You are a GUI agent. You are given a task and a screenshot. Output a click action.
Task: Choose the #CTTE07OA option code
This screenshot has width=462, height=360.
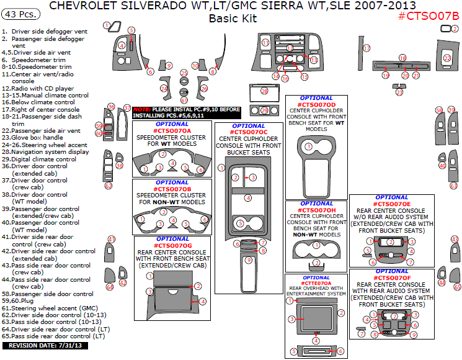click(316, 284)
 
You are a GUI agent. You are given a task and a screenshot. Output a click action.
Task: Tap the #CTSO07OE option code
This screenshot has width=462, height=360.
click(392, 204)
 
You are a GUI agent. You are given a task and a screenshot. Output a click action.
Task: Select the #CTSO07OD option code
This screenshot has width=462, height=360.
click(318, 104)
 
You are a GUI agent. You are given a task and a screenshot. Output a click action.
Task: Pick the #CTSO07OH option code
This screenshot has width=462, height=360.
click(317, 209)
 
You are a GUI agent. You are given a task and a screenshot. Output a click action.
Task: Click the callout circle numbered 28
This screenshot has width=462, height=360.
click(264, 91)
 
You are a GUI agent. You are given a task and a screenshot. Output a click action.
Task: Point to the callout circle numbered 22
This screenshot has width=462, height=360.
click(447, 58)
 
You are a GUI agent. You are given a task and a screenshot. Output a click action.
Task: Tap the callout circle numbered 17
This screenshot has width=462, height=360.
click(366, 48)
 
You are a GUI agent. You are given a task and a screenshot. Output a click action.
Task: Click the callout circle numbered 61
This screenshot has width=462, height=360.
click(184, 100)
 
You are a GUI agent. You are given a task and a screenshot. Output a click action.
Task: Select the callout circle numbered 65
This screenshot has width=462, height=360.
click(457, 287)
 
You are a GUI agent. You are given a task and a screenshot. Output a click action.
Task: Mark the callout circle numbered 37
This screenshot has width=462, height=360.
click(127, 107)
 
